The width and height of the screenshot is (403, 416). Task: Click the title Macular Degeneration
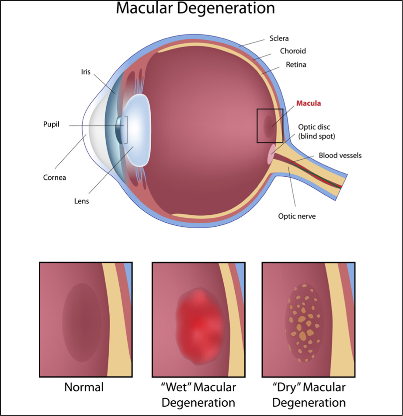(195, 8)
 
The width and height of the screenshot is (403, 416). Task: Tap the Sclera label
(279, 38)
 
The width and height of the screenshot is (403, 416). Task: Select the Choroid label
(293, 51)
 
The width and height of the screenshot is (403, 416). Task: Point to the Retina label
(296, 64)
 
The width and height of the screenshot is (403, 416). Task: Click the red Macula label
(309, 103)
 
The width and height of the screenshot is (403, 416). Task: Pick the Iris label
(86, 72)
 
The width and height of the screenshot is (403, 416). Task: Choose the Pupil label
(51, 124)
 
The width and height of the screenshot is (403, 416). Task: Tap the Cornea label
(55, 177)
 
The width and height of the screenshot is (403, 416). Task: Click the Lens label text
(81, 201)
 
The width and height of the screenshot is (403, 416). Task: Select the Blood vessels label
(340, 155)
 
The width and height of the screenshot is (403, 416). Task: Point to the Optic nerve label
(297, 216)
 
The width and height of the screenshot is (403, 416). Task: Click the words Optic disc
(314, 127)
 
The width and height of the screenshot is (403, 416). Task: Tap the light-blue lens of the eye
(137, 130)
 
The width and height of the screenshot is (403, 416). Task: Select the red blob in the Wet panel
(199, 326)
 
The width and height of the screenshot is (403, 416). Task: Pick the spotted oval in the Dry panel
(304, 323)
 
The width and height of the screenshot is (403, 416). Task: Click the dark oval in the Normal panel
(82, 322)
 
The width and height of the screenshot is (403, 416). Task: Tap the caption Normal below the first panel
(84, 387)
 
